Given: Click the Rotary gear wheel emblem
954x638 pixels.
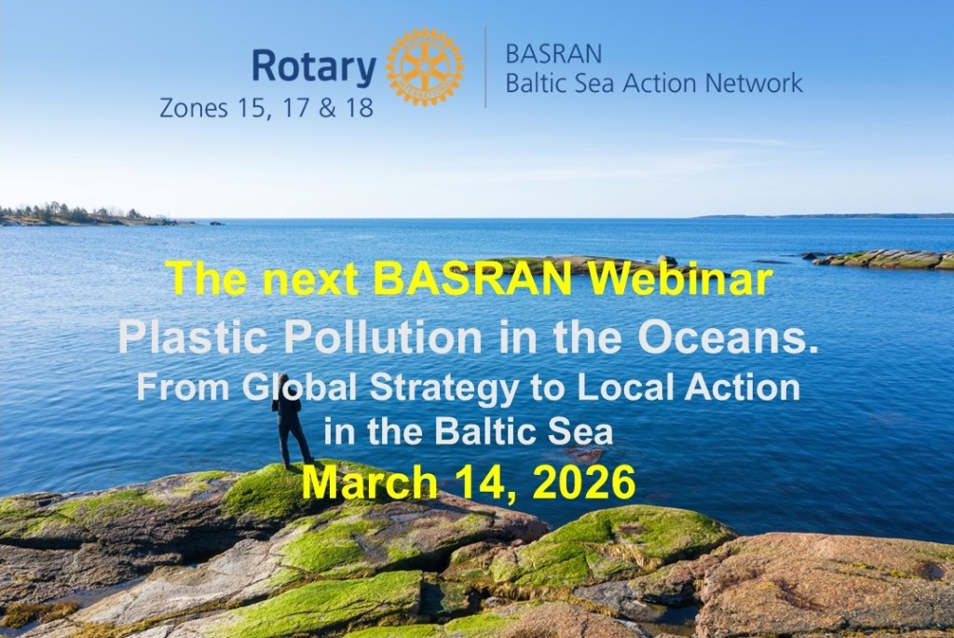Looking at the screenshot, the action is pyautogui.click(x=425, y=67).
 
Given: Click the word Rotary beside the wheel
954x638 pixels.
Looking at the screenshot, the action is pyautogui.click(x=314, y=67).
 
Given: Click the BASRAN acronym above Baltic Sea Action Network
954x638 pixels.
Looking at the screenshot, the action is pyautogui.click(x=553, y=54).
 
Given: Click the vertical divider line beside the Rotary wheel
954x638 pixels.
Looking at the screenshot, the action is pyautogui.click(x=485, y=67).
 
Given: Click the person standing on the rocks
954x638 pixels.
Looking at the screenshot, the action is pyautogui.click(x=292, y=421).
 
